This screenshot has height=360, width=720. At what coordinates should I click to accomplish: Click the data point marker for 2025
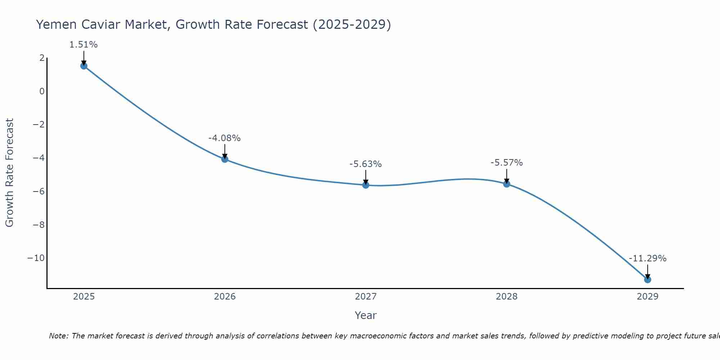(x=84, y=66)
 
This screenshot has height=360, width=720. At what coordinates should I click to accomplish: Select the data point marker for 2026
(x=225, y=159)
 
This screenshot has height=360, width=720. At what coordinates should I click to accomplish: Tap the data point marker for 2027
(x=366, y=185)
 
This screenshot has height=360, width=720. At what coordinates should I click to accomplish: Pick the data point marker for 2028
(x=507, y=184)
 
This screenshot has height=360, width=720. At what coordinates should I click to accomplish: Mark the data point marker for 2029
(x=648, y=280)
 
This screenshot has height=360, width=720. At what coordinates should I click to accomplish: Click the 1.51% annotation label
(x=84, y=45)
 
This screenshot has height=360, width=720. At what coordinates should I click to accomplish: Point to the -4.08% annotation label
(x=224, y=138)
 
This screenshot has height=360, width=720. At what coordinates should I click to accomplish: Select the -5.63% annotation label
(x=365, y=164)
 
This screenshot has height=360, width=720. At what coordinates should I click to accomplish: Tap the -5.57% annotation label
(x=507, y=163)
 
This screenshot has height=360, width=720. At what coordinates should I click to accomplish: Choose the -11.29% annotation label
(x=648, y=258)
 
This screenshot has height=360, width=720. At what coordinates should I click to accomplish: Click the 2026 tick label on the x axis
(x=225, y=297)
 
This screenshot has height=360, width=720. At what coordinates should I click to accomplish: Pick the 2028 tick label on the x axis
(x=507, y=297)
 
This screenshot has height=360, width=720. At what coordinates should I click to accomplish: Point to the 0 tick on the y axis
(x=42, y=91)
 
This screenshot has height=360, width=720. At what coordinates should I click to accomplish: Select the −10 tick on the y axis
(x=36, y=258)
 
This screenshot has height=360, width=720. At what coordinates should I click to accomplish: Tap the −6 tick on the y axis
(x=39, y=192)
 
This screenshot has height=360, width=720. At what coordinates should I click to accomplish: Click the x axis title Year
(x=366, y=315)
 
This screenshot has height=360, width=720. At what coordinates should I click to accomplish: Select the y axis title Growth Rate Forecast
(x=9, y=173)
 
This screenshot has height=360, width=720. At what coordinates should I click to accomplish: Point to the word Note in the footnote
(x=58, y=336)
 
